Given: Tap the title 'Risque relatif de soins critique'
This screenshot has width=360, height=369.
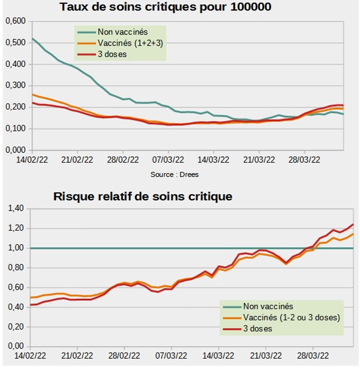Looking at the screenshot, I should coord(143,196).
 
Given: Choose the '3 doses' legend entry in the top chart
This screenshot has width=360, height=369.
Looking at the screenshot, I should coord(112,54).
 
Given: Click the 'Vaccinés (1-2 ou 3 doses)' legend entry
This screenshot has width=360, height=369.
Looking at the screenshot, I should coord(291,318).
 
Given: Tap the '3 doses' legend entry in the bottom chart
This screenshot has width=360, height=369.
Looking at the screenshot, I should coord(257,328).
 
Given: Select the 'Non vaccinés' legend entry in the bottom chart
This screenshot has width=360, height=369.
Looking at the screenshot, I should coord(268,307).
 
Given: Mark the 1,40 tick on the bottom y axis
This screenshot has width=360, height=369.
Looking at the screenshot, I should coord(15,209).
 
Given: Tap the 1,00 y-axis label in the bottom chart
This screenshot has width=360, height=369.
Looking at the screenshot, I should coord(15,248).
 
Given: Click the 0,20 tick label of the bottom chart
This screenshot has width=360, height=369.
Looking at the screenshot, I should coord(15,326).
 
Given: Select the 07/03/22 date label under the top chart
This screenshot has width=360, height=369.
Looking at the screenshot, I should coord(168,159).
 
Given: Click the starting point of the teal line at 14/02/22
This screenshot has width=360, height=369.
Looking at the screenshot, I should coord(32,38).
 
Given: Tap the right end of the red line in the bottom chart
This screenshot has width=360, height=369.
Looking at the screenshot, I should coord(353,225).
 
